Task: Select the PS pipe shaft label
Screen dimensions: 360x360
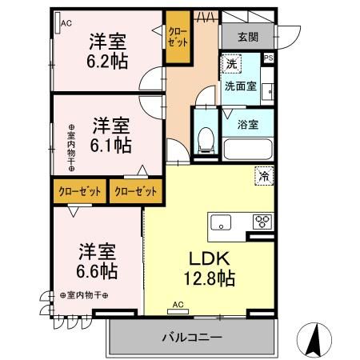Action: click(x=268, y=58)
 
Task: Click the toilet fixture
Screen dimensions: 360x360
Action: click(x=204, y=138)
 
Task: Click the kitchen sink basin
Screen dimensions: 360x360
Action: click(x=220, y=222)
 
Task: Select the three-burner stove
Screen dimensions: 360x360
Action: click(x=262, y=222)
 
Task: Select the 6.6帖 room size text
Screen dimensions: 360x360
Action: click(x=96, y=271)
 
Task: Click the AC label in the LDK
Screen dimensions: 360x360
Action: click(x=178, y=305)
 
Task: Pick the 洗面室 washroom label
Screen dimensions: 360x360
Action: click(x=240, y=86)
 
